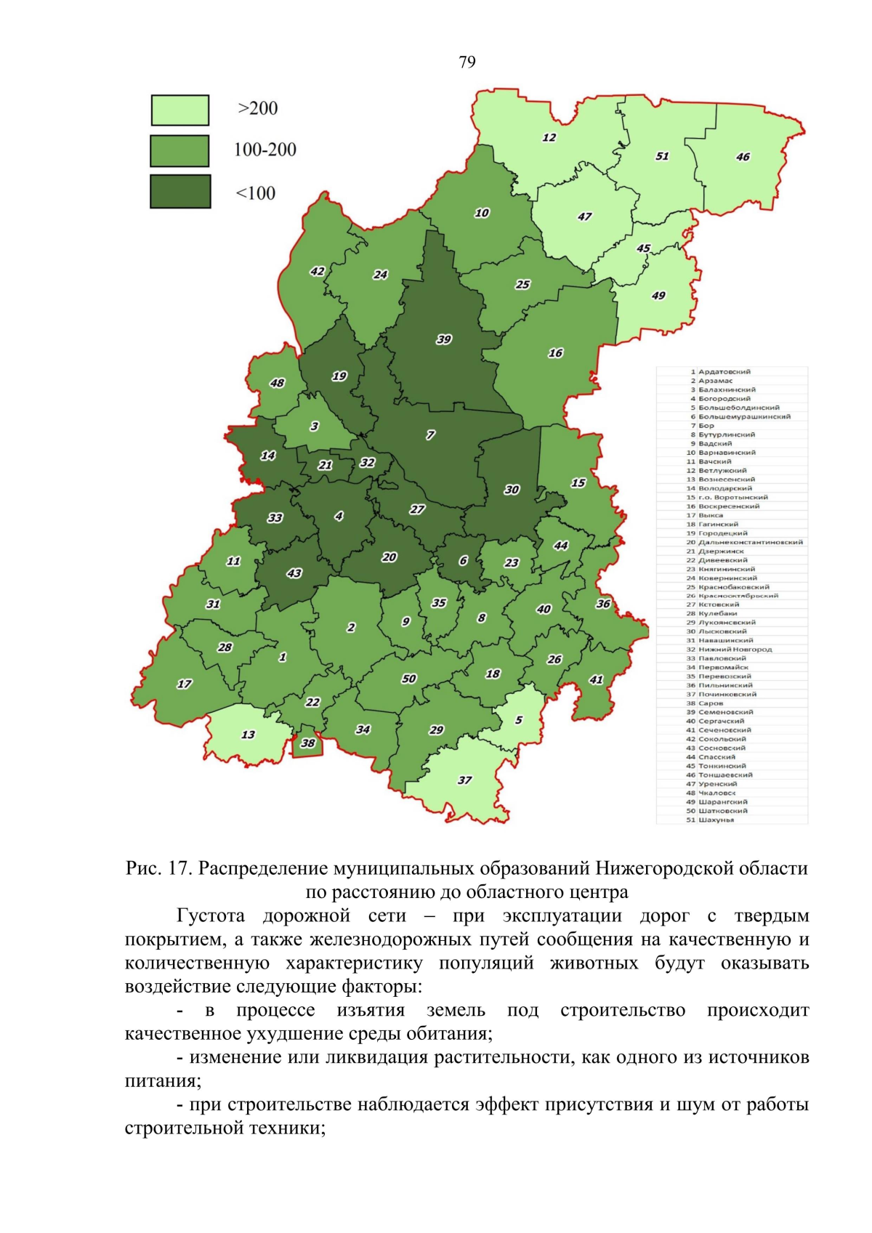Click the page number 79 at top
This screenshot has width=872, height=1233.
[x=467, y=62]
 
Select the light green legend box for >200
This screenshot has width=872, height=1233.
[x=179, y=110]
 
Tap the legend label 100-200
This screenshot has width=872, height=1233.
[x=265, y=150]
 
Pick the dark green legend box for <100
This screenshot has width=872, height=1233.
[x=180, y=192]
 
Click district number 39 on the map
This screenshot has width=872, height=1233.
[x=444, y=339]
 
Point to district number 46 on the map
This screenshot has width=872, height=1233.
[x=743, y=157]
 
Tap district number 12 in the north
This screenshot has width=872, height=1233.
[x=549, y=137]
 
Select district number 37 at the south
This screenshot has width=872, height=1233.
[x=464, y=780]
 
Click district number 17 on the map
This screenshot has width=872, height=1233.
[x=185, y=684]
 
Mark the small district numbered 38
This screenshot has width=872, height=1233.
[x=308, y=743]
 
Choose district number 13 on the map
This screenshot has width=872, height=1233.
[x=248, y=735]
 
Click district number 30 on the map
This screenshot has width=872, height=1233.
[x=512, y=490]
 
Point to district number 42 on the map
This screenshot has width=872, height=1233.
[x=318, y=272]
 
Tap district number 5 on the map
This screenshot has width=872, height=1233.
[x=519, y=720]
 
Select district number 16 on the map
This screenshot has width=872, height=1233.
[x=555, y=353]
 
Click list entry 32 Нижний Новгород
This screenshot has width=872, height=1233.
[x=730, y=650]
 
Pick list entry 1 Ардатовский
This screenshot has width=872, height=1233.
[x=719, y=372]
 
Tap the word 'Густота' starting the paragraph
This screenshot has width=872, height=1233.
[x=210, y=915]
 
